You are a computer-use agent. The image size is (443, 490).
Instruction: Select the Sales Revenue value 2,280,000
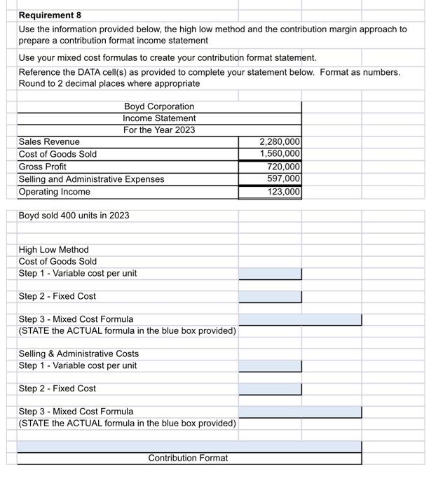280,141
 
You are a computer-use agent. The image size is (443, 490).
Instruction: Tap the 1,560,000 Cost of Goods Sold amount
280,154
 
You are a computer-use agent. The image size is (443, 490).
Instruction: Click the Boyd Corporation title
159,106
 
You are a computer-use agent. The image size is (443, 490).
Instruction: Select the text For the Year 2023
159,130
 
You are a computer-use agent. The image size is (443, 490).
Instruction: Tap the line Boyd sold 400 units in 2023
74,216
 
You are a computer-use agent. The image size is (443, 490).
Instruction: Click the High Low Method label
53,250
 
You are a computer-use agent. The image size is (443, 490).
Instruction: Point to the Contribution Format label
188,458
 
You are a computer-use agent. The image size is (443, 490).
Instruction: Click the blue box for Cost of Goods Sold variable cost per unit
270,274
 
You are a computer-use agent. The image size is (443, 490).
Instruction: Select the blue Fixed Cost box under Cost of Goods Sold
270,297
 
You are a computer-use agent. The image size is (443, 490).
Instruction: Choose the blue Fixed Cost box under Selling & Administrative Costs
270,389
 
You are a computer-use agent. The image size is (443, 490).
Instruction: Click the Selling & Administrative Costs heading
79,354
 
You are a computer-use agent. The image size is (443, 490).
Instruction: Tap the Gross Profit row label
43,167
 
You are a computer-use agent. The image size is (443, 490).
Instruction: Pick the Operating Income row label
54,192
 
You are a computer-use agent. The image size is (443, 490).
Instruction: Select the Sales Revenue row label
49,141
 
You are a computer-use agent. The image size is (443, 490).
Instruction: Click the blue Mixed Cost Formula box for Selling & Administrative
300,412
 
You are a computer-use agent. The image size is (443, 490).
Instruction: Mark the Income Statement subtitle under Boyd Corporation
159,118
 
